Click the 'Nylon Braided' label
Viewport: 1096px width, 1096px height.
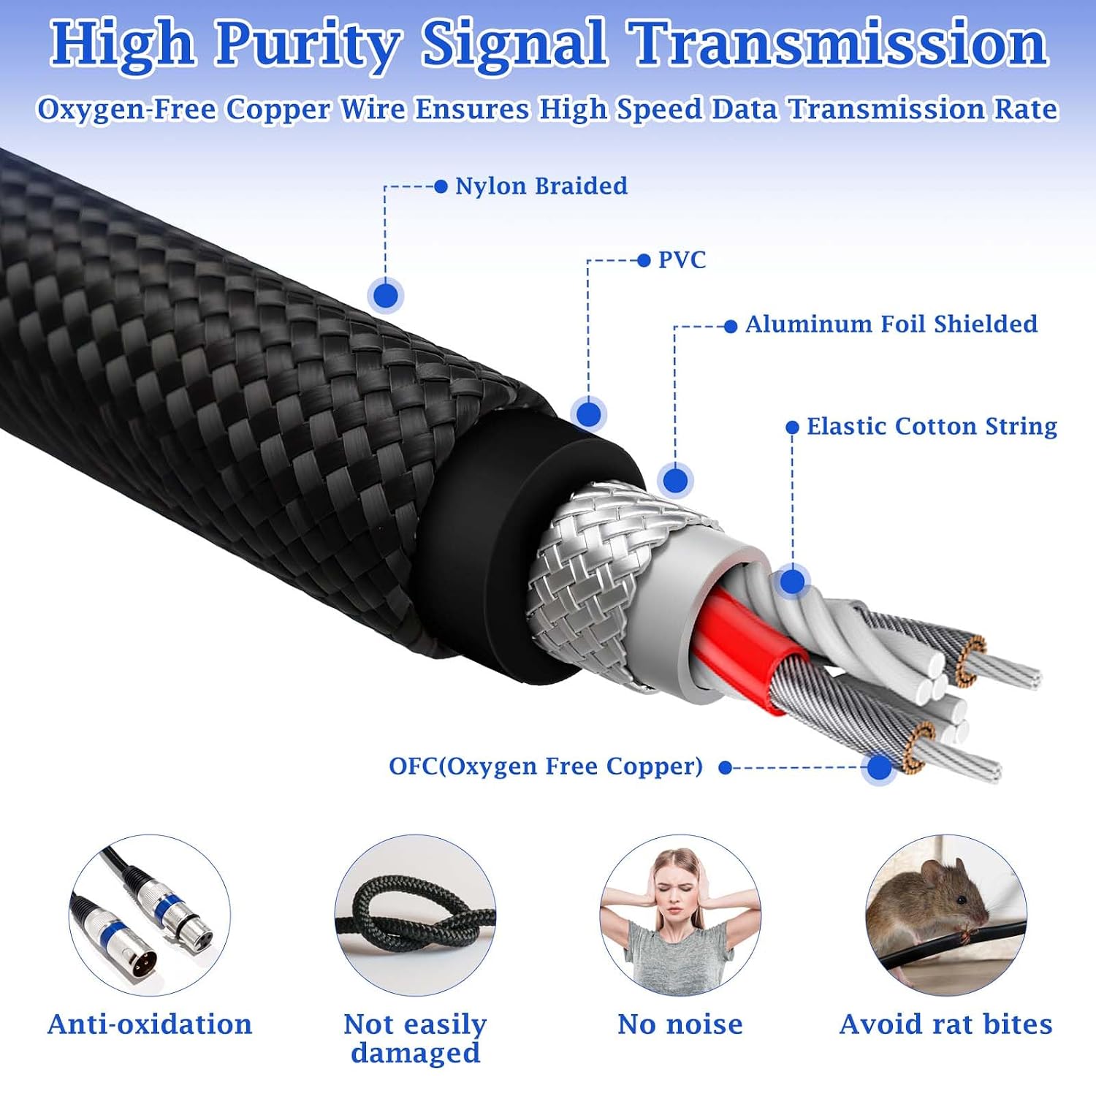[541, 186]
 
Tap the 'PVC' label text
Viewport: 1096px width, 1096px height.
[682, 260]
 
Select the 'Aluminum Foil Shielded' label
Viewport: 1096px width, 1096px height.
[891, 324]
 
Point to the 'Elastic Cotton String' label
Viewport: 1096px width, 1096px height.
[932, 426]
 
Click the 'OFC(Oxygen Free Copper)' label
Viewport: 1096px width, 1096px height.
[546, 766]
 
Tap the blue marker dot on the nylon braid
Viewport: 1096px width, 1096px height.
[386, 296]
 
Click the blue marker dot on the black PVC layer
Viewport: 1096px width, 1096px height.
[588, 414]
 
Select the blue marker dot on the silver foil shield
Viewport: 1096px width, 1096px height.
[675, 480]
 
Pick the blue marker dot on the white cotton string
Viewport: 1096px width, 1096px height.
[792, 582]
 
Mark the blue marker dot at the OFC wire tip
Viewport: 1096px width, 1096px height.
[879, 767]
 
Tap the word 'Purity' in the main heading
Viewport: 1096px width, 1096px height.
[308, 45]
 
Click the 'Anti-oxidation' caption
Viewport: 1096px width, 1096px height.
[150, 1024]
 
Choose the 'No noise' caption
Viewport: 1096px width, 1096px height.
[680, 1024]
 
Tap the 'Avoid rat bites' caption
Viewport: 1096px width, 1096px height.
[945, 1024]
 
